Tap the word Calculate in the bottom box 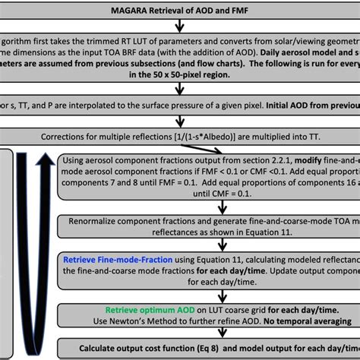coord(96,346)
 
